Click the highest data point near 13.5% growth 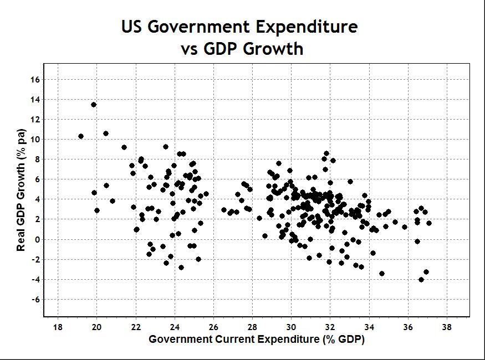[94, 105]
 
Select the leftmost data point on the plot [81, 136]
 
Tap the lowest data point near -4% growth [421, 280]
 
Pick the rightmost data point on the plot [429, 223]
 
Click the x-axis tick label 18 [58, 327]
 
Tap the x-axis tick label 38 [447, 327]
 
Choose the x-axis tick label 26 [213, 327]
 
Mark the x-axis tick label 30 [292, 327]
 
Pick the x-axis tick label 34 [369, 327]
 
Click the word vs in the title [191, 49]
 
